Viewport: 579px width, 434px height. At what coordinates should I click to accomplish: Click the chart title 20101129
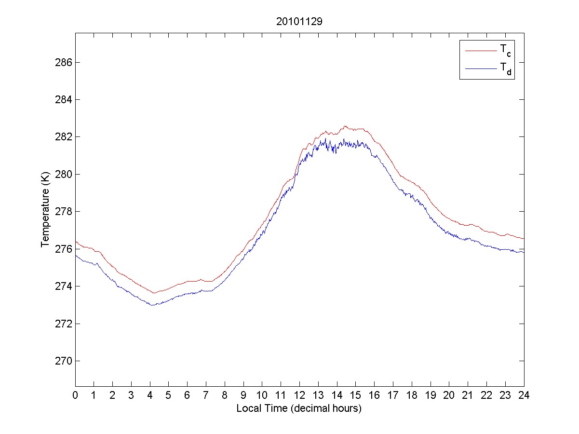click(x=299, y=22)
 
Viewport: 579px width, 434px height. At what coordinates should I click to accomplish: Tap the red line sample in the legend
click(x=481, y=50)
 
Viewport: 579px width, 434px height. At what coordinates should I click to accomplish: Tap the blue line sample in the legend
click(x=481, y=69)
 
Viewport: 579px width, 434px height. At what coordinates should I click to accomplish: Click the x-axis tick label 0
click(x=75, y=395)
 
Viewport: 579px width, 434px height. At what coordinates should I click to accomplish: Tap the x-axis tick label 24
click(x=524, y=395)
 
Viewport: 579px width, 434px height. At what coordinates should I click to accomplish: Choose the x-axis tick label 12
click(x=299, y=395)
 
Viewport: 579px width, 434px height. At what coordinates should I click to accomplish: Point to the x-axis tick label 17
click(x=393, y=395)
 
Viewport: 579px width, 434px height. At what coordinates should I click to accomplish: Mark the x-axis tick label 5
click(x=169, y=395)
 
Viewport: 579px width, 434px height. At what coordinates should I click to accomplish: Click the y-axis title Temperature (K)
click(x=45, y=212)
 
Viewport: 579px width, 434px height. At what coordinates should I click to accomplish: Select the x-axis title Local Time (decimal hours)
click(x=299, y=408)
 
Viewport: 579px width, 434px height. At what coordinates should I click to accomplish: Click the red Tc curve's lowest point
click(x=154, y=293)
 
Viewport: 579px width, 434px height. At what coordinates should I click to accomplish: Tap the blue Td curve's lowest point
click(x=152, y=305)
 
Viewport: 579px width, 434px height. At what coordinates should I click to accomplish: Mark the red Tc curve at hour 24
click(x=524, y=238)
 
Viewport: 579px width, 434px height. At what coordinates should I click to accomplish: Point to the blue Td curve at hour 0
click(x=76, y=256)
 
